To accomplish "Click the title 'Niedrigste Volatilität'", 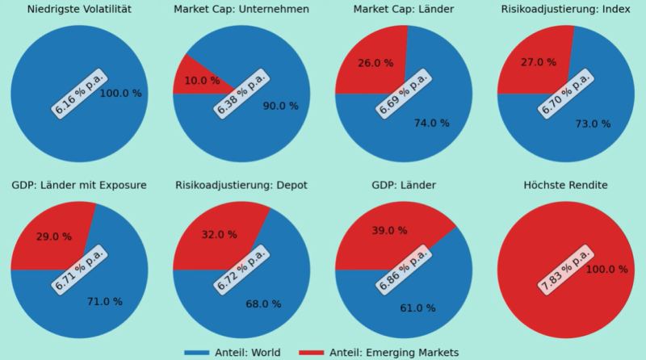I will point(79,10).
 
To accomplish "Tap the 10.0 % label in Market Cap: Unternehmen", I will point(203,81).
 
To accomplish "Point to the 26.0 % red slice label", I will point(375,63).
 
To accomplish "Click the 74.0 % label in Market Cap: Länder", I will point(431,123).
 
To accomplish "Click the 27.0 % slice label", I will point(539,62).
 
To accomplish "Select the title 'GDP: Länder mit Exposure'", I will point(79,186).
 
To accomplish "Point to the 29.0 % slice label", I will point(54,237).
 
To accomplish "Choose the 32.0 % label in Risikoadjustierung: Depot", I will point(219,235).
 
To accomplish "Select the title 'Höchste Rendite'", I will point(564,186).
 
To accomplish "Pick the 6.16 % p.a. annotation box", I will point(79,94).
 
